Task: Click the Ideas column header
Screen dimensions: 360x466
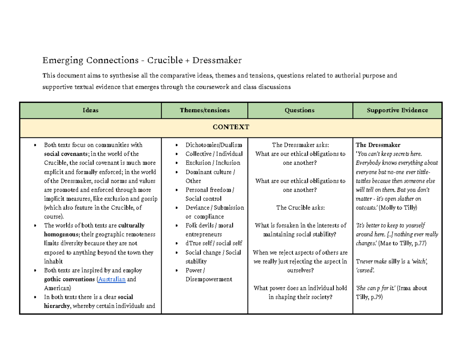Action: click(x=90, y=110)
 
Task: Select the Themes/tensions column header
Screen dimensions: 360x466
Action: click(x=205, y=110)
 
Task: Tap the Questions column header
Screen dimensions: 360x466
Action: click(x=300, y=110)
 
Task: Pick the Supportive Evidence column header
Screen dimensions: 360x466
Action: click(x=397, y=110)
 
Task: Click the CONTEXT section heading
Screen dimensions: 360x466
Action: click(x=231, y=127)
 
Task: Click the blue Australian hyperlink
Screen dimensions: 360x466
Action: click(x=112, y=280)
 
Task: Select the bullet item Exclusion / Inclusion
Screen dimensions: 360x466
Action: click(x=213, y=163)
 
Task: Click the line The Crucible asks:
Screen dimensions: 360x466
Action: click(x=300, y=208)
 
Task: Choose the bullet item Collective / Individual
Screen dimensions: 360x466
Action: click(x=214, y=154)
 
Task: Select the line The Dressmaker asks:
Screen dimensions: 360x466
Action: click(x=300, y=145)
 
